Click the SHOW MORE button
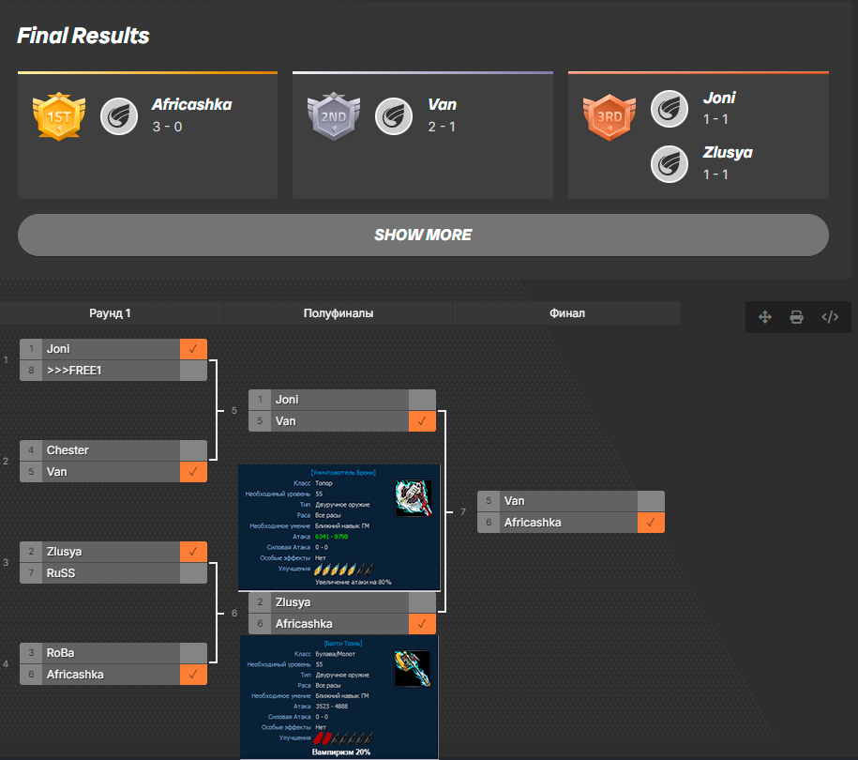[423, 235]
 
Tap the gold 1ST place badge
[58, 116]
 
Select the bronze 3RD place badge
[610, 116]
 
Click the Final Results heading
[83, 37]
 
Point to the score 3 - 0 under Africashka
[167, 127]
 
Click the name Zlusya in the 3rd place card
[728, 152]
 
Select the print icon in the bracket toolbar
[796, 317]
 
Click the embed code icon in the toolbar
[830, 317]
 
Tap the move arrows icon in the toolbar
[764, 317]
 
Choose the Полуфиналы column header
[339, 313]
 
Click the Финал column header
[566, 313]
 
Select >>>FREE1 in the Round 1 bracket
[74, 371]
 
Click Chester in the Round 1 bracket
[68, 450]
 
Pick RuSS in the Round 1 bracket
[61, 573]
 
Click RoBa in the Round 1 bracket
[62, 653]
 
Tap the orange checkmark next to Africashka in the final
[651, 523]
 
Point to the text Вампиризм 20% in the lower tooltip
[340, 752]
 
